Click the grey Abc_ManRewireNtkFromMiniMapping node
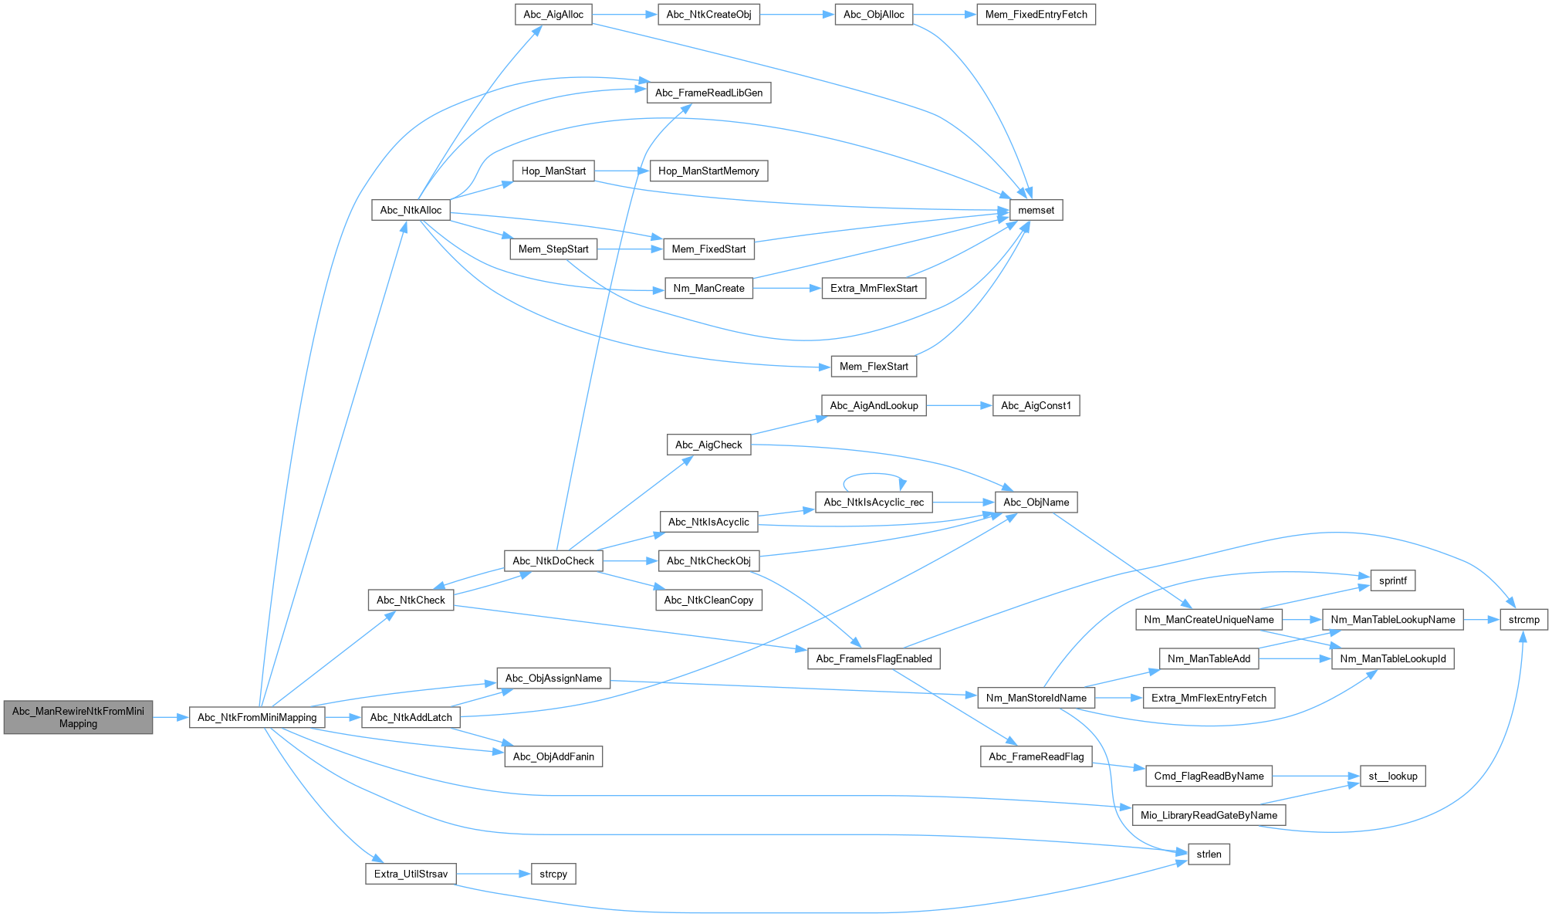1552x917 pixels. [x=78, y=717]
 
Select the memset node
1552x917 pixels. [x=1036, y=210]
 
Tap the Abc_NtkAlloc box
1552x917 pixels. [x=411, y=210]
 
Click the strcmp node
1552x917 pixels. [x=1523, y=619]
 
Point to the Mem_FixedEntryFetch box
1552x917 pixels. [x=1036, y=15]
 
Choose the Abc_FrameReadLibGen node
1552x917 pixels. [x=708, y=93]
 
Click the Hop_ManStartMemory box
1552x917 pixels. [x=708, y=171]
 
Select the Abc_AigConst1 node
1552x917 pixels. [x=1036, y=405]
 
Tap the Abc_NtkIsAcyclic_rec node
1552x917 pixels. [x=874, y=502]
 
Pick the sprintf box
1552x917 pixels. [x=1392, y=580]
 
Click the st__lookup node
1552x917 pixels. [x=1392, y=776]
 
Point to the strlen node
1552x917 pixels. [x=1209, y=854]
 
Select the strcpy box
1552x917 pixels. [x=553, y=874]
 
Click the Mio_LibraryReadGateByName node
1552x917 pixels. [x=1209, y=815]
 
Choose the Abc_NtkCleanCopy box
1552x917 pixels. [x=708, y=600]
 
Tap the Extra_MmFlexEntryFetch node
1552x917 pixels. [x=1209, y=698]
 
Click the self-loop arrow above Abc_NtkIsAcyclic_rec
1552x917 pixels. [x=873, y=475]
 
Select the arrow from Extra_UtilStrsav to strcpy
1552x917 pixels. [x=493, y=874]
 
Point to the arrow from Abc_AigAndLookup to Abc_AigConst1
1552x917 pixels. [x=959, y=405]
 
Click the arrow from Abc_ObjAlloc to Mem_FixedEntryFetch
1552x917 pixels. [x=945, y=15]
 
